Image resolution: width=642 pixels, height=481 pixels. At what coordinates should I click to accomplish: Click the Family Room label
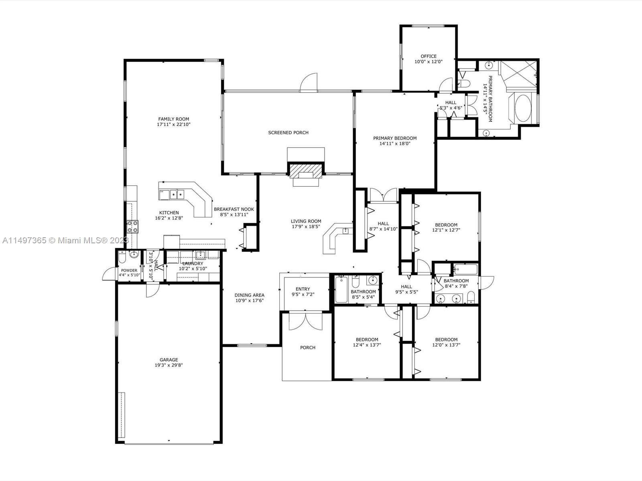point(173,119)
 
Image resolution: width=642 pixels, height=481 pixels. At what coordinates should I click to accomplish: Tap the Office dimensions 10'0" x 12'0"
point(429,62)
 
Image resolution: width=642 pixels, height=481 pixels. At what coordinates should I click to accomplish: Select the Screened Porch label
point(288,133)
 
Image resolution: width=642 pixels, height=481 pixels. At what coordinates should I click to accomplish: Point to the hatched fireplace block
point(306,170)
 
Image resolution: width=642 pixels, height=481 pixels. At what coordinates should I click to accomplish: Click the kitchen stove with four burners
point(132,227)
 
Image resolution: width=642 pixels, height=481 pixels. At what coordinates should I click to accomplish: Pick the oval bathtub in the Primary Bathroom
point(523,108)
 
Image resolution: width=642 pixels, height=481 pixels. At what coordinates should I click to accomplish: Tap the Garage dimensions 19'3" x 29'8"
point(169,365)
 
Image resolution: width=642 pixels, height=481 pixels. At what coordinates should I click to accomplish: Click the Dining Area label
point(249,295)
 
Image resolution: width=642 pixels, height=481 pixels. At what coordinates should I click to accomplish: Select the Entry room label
point(303,289)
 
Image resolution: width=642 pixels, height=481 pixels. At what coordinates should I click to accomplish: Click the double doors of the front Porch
point(305,321)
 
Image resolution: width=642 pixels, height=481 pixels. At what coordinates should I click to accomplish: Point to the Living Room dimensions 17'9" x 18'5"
point(306,226)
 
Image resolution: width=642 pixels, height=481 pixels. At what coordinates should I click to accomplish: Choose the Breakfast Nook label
point(234,209)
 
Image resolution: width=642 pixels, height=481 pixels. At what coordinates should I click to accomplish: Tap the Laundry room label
point(193,263)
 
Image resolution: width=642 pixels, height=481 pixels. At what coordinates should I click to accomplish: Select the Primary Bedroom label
point(395,138)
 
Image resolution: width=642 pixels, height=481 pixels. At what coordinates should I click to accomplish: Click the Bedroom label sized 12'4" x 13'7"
point(367,340)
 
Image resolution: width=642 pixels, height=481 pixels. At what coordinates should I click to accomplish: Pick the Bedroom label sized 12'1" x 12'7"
point(446,225)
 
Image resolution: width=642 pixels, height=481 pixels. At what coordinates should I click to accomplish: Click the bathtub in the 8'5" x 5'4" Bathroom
point(341,290)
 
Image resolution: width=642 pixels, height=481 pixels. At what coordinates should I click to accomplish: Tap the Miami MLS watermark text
point(65,240)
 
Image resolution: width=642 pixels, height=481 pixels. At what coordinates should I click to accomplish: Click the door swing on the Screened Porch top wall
point(309,82)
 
